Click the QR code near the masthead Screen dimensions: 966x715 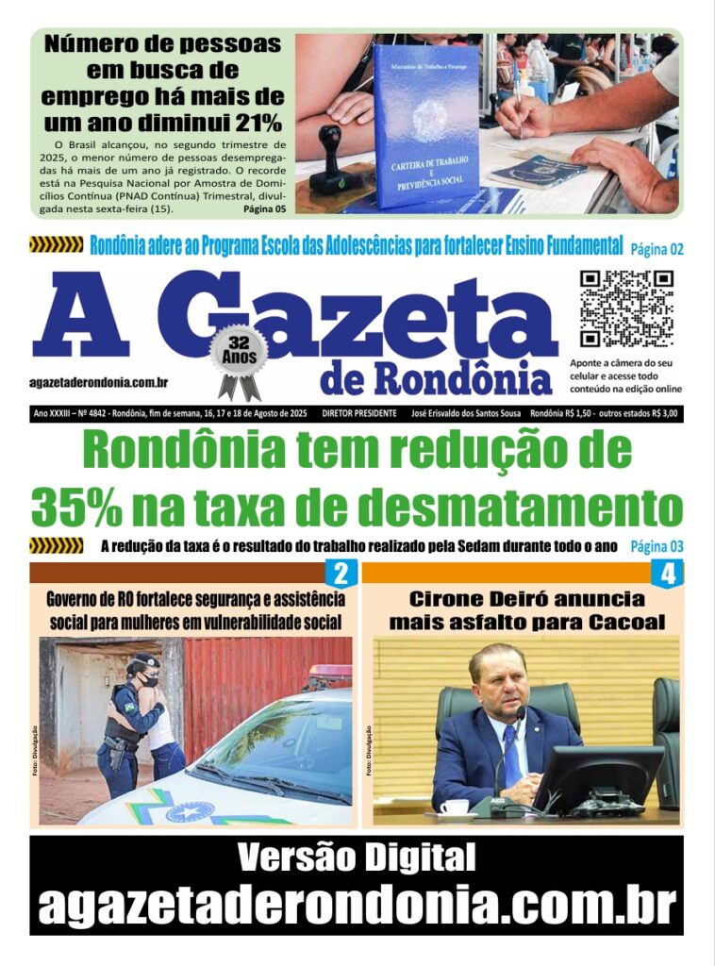(626, 308)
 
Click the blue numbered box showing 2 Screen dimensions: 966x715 (341, 573)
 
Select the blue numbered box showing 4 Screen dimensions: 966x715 (667, 574)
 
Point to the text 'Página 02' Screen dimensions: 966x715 (656, 249)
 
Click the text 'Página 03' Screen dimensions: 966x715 (656, 545)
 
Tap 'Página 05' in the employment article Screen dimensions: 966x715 (264, 208)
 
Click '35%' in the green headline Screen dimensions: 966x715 (75, 508)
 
